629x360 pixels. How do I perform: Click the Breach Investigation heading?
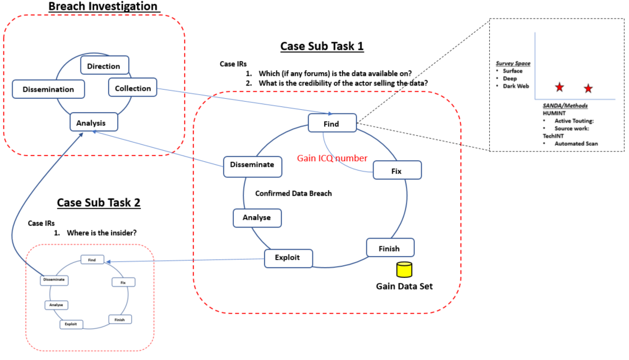click(103, 6)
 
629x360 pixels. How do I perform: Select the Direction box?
click(104, 66)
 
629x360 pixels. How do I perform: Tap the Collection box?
click(133, 88)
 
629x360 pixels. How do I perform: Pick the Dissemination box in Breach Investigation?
click(49, 89)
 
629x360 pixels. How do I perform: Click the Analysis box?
click(94, 123)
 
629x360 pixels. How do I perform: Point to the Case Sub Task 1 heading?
click(322, 46)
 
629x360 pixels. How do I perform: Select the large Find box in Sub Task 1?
click(332, 124)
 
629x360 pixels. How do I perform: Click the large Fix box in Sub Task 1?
click(397, 172)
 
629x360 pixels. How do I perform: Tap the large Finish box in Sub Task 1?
click(389, 248)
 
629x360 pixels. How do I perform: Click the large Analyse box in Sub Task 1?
click(257, 218)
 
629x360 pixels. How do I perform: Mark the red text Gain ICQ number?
click(332, 158)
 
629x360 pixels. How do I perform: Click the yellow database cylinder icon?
click(404, 270)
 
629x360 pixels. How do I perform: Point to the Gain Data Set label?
click(404, 286)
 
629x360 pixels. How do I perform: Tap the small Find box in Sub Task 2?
click(92, 260)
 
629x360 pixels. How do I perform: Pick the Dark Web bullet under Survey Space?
click(514, 86)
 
